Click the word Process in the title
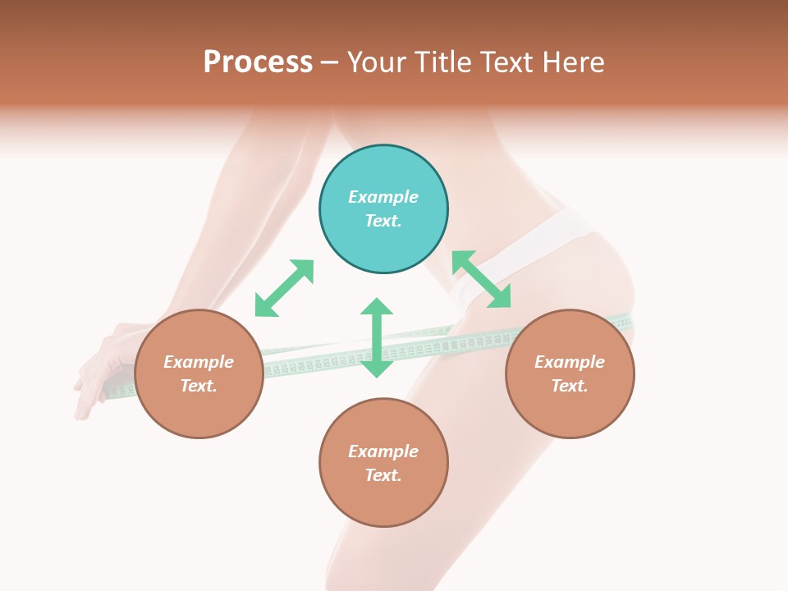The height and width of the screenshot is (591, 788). tap(258, 62)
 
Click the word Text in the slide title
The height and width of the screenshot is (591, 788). tap(507, 62)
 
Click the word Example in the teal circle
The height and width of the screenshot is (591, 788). tap(383, 197)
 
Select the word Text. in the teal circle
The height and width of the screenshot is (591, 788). tap(383, 221)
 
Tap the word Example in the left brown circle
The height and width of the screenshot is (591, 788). tap(199, 362)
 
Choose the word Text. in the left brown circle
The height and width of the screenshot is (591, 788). tap(199, 386)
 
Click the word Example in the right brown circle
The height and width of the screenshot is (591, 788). tap(570, 362)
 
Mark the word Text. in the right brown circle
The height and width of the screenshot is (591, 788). tap(570, 386)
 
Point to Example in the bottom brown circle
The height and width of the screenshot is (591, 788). tap(383, 451)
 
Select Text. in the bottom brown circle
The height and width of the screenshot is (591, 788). tap(383, 475)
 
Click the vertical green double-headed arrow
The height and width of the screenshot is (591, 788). tap(377, 338)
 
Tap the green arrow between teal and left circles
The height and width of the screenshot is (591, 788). tap(284, 288)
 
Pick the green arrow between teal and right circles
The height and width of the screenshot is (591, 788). tap(482, 279)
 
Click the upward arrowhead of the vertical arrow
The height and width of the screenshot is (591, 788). tap(377, 307)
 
